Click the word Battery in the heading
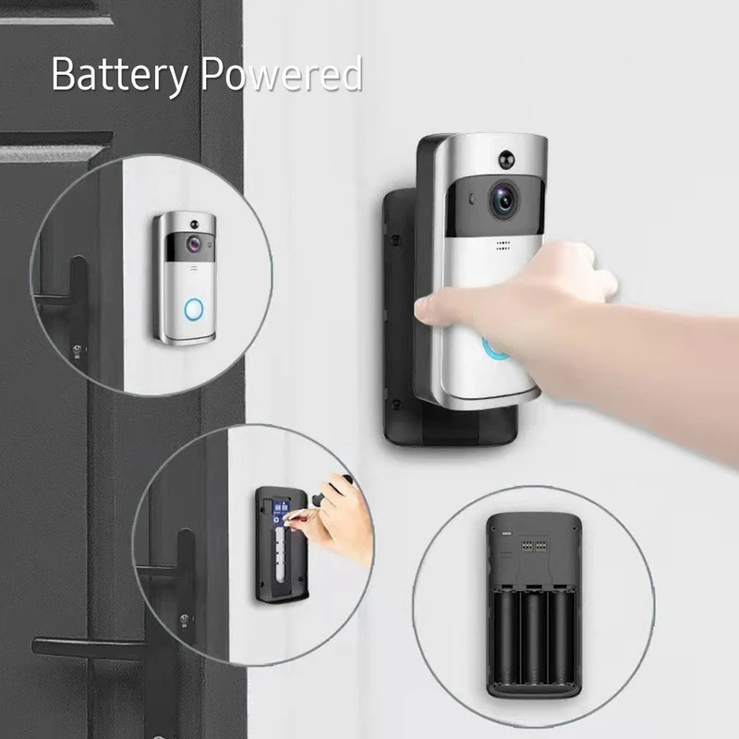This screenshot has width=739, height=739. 120,75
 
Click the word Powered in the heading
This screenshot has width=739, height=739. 281,73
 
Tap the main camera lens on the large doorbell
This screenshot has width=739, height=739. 503,200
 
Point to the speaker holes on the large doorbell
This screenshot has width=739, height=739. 503,246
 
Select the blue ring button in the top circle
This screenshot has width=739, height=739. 194,309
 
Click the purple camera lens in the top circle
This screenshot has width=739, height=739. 193,244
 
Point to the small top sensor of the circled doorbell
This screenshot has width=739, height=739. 194,223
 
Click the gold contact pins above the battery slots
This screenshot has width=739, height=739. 533,546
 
